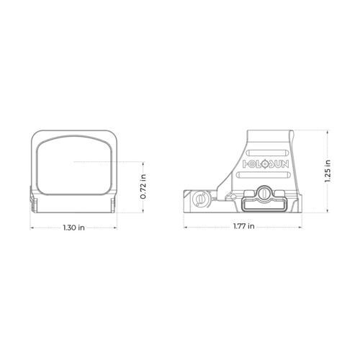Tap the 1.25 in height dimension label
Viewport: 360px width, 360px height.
coord(328,171)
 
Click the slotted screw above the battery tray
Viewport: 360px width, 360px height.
coord(264,193)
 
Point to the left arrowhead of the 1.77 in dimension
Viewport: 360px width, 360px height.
coord(186,228)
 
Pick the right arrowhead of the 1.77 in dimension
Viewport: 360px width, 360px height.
coord(303,228)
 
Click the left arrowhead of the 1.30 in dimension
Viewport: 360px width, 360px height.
coord(31,228)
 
